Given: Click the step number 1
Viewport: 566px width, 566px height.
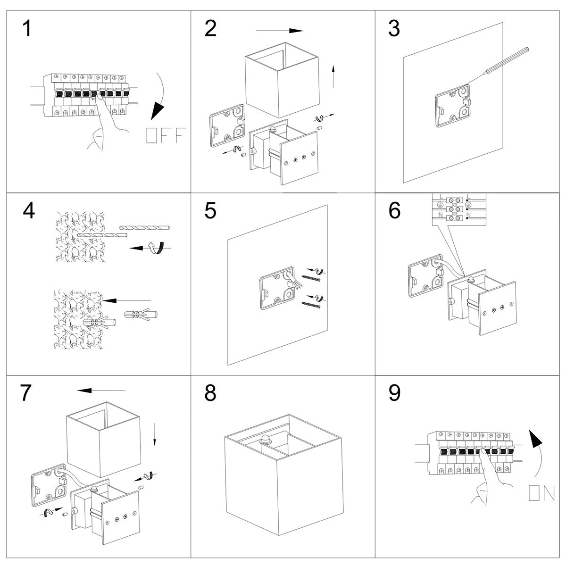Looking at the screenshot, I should coord(27,29).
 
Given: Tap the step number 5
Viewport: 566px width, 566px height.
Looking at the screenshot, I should coord(210,211).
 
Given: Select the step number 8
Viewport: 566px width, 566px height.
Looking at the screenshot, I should coord(210,392).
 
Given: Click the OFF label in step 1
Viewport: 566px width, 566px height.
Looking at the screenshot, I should coord(166,135).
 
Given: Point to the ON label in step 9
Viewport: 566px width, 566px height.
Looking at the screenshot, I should coord(541,493).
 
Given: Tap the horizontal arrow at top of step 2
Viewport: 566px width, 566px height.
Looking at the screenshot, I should coord(279,31).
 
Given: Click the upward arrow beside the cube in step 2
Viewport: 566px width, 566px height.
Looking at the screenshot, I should coord(333,75).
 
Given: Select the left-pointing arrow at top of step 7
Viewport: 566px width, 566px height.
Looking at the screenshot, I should coord(102,390).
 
